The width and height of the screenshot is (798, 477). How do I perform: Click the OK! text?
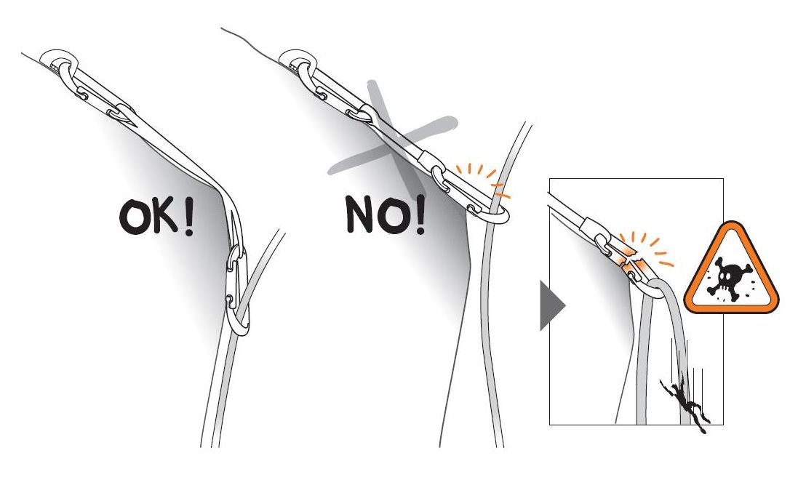coord(156,216)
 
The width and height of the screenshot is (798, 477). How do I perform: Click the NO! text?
coord(386,214)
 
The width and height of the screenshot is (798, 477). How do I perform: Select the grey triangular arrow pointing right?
coord(551,305)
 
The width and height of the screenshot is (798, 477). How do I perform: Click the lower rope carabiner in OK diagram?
coord(238,290)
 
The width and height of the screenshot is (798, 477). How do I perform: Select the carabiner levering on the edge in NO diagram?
coord(471,196)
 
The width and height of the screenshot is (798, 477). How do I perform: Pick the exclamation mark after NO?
coord(420,214)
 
